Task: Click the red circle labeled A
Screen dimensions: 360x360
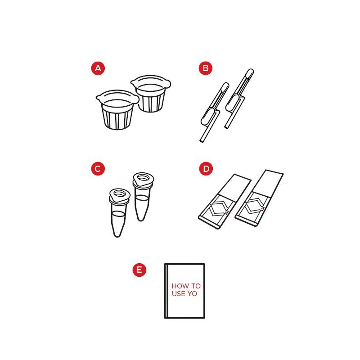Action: pyautogui.click(x=98, y=68)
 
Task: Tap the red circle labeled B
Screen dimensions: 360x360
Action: pyautogui.click(x=206, y=68)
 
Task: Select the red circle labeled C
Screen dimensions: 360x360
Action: pyautogui.click(x=98, y=169)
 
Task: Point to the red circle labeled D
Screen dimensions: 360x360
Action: pyautogui.click(x=206, y=169)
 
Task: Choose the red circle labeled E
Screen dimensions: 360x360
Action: pyautogui.click(x=139, y=270)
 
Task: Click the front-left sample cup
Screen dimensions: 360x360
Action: pyautogui.click(x=117, y=109)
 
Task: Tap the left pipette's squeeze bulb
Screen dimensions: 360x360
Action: pyautogui.click(x=207, y=117)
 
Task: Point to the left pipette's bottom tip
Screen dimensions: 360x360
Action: pyautogui.click(x=201, y=141)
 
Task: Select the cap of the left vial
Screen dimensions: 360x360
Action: pyautogui.click(x=120, y=196)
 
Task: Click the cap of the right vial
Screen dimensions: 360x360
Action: pyautogui.click(x=143, y=180)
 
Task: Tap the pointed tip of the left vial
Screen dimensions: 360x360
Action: pyautogui.click(x=117, y=235)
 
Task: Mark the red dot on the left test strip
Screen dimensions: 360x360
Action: pyautogui.click(x=226, y=212)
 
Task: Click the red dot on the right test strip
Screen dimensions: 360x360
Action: pyautogui.click(x=262, y=209)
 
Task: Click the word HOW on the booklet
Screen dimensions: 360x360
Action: pyautogui.click(x=180, y=286)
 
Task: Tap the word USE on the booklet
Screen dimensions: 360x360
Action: pyautogui.click(x=179, y=294)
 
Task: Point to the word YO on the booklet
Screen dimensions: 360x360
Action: pyautogui.click(x=193, y=294)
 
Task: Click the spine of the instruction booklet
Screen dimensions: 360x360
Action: pyautogui.click(x=166, y=291)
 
